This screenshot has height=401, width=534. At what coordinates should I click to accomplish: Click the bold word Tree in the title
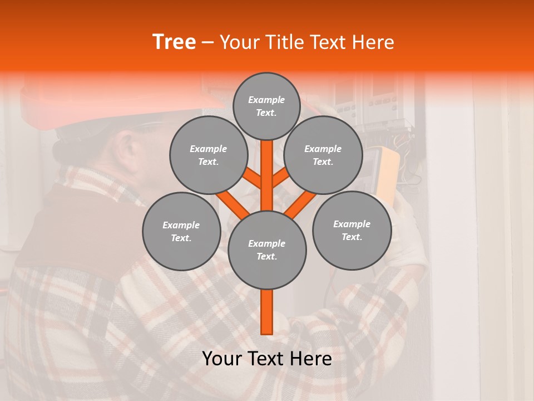pos(174,42)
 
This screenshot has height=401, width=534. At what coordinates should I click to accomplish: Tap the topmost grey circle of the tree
pos(266,106)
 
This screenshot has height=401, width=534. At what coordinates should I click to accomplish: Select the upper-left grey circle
pos(208,155)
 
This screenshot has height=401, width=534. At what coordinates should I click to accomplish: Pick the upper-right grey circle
pos(323,155)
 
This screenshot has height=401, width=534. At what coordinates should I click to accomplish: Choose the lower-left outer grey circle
pos(181,231)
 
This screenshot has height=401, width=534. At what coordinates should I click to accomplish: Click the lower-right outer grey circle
pos(352,230)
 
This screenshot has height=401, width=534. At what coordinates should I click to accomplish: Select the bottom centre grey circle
pos(266,250)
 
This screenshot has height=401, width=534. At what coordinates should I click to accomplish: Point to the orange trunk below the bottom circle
pos(266,312)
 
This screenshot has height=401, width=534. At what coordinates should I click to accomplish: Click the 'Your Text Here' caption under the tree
pos(266,359)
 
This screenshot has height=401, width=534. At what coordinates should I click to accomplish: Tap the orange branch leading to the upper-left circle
pos(251,178)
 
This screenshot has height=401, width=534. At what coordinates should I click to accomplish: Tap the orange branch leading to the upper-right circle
pos(281,178)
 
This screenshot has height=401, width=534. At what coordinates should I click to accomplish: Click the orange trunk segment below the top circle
pos(266,167)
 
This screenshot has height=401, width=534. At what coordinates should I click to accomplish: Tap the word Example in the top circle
pos(266,100)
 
